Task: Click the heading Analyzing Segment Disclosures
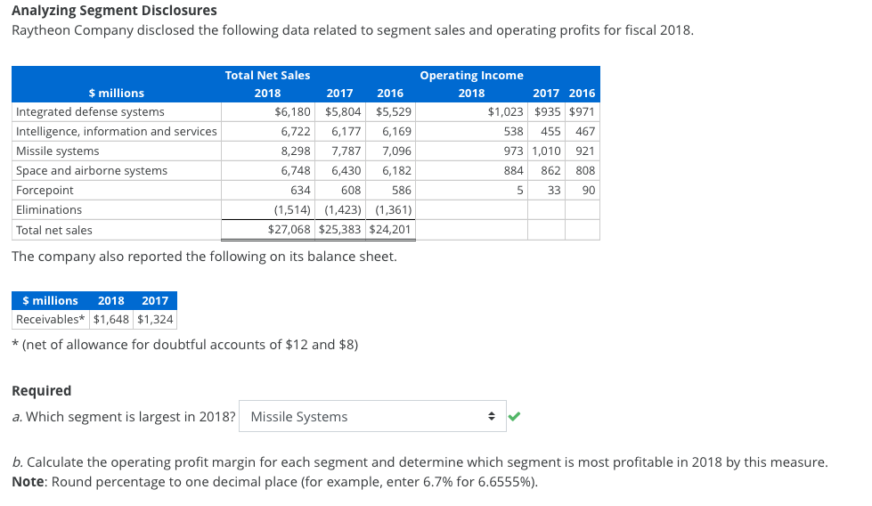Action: [114, 11]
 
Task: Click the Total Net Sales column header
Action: [267, 76]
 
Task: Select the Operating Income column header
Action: [471, 76]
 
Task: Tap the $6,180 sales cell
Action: [293, 112]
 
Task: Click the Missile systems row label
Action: [58, 151]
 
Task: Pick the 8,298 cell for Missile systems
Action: [296, 151]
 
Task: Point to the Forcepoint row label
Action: [45, 191]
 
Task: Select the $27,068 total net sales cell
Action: [289, 230]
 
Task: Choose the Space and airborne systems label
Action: [92, 171]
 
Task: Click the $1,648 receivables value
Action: [111, 320]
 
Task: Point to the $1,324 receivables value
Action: [156, 320]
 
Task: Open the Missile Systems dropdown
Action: [372, 416]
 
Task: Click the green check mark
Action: [514, 415]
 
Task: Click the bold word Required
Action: [41, 390]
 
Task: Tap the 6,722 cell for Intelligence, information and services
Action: [296, 132]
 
